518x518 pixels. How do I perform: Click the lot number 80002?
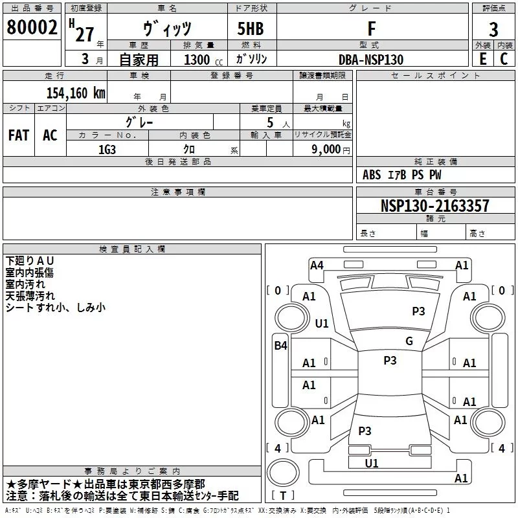31,27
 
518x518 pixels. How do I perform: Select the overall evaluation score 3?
493,29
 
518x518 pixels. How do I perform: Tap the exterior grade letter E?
482,59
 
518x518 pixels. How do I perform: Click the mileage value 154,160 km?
76,93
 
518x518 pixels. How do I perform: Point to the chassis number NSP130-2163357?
435,206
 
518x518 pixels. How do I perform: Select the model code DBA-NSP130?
371,60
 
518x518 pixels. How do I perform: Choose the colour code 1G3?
107,149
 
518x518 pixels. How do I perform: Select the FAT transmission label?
19,135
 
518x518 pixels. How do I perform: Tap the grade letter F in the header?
371,28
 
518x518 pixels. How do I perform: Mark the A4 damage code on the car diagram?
317,265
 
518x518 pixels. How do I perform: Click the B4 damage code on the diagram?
280,346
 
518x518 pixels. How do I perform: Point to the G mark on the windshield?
409,341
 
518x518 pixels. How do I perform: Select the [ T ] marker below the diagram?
283,496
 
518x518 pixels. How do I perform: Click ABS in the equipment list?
372,175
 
